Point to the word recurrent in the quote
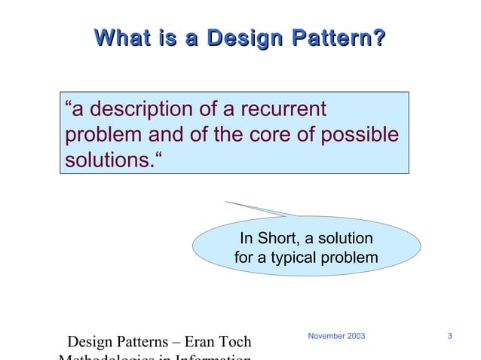(x=283, y=110)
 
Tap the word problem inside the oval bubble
(x=354, y=258)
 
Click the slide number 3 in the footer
(x=449, y=335)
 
